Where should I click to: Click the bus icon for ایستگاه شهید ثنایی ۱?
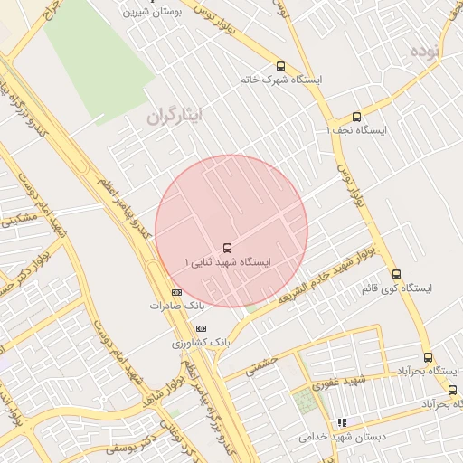[226, 247]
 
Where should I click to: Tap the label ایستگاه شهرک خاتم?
[280, 80]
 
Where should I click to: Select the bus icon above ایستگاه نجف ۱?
[356, 117]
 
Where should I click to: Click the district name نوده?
[427, 50]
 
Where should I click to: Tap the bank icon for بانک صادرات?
[176, 292]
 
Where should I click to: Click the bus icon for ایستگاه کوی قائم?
[396, 274]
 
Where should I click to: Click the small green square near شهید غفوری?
[307, 402]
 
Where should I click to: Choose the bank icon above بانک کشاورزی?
[201, 328]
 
